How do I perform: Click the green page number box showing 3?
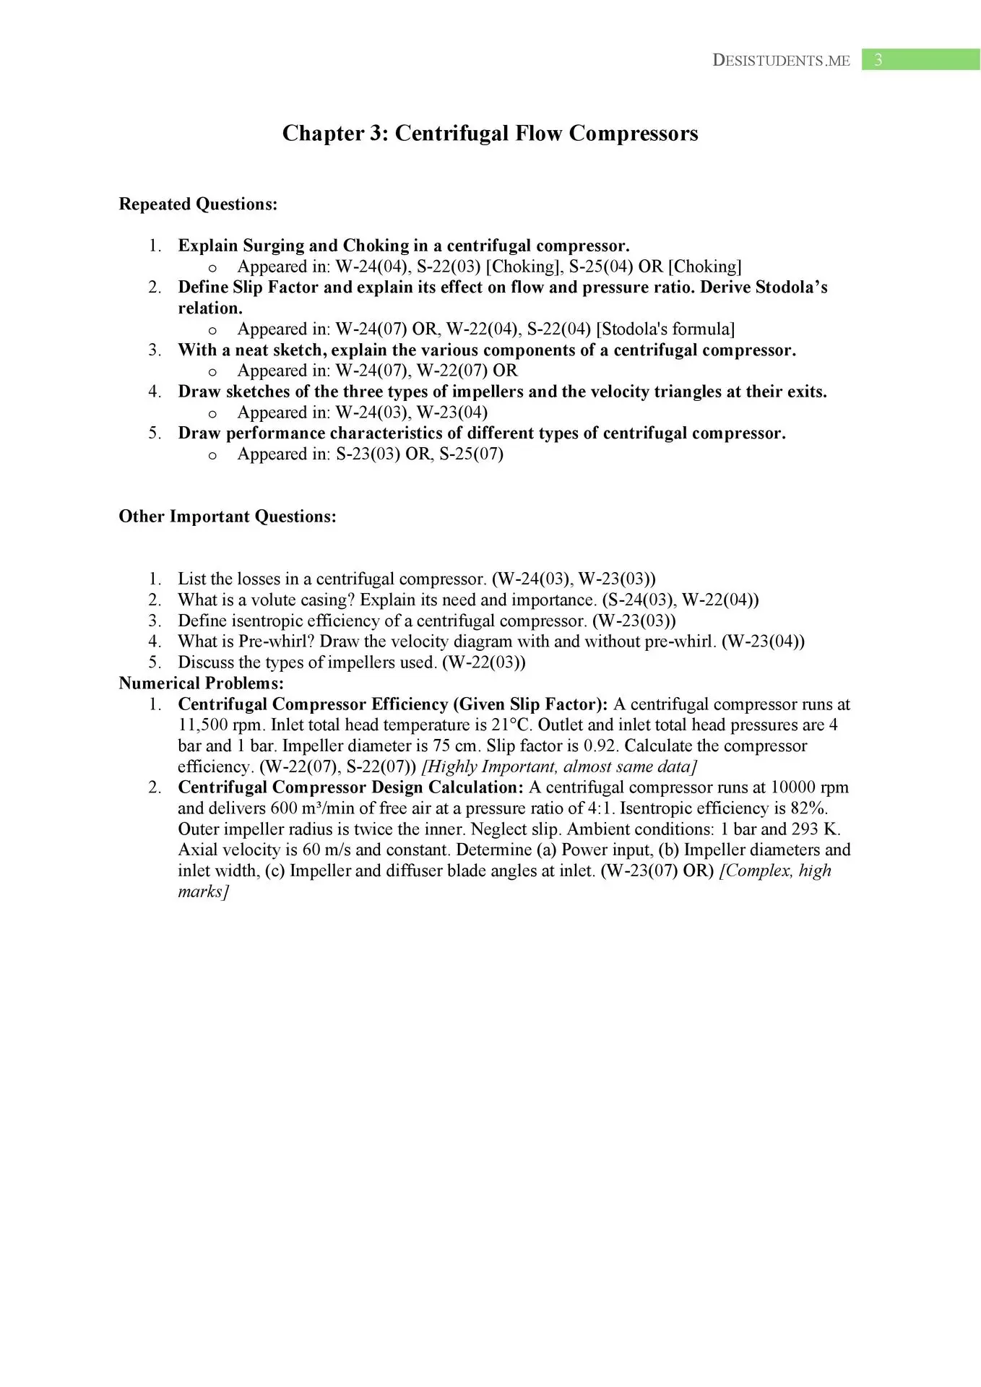pos(920,60)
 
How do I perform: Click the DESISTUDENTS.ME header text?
pos(781,61)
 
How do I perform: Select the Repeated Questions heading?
pos(198,204)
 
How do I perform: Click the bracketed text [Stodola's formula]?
pos(665,329)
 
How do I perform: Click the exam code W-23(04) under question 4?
pos(452,412)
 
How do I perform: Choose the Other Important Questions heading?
pos(228,517)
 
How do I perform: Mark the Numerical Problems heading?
pos(202,683)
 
